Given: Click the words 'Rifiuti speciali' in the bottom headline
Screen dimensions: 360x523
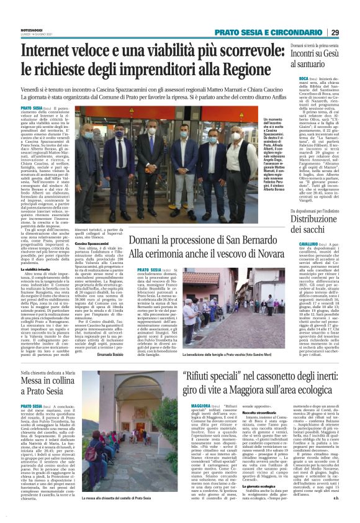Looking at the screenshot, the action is (210, 358).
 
